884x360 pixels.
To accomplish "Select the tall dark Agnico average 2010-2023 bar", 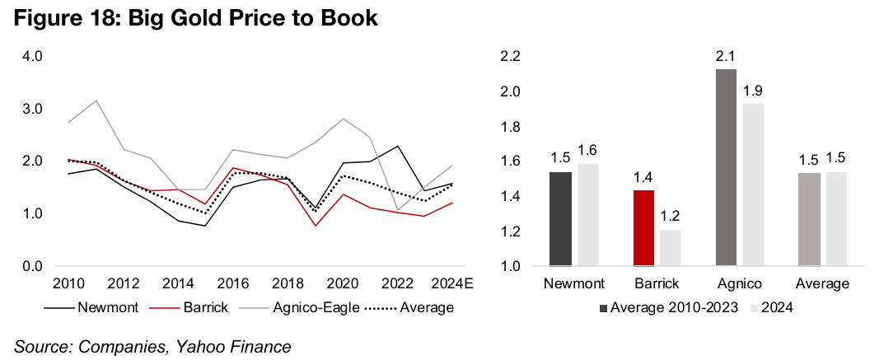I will tap(727, 168).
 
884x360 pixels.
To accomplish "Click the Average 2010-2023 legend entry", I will tap(672, 308).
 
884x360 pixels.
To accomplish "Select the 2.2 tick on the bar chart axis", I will tap(512, 56).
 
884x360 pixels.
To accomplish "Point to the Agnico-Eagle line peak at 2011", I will tap(97, 101).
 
